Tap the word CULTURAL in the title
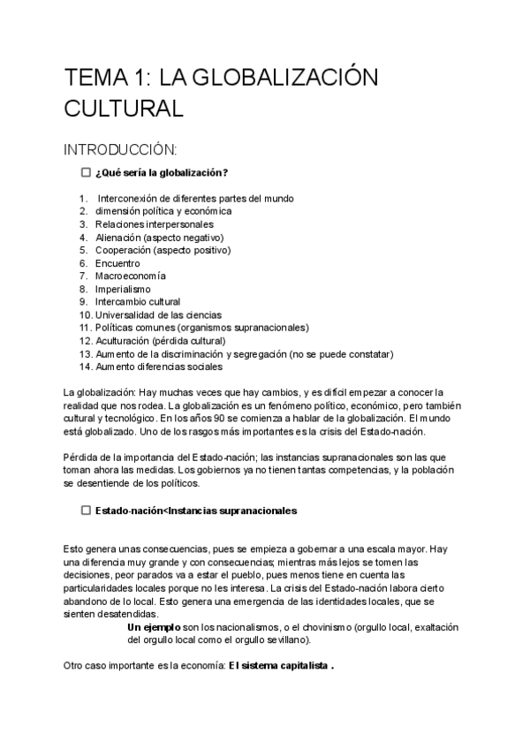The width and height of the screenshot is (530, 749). pos(123,109)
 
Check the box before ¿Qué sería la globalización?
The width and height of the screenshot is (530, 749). pos(86,172)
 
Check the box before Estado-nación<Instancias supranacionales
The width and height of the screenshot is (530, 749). pos(86,511)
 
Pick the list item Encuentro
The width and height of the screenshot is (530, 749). pos(117,263)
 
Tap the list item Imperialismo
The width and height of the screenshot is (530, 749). pos(123,289)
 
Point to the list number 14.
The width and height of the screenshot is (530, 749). pos(85,367)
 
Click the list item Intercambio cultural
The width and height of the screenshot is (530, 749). pos(137,302)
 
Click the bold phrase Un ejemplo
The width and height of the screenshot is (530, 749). pos(152,627)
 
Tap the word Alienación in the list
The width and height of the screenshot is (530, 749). pos(118,238)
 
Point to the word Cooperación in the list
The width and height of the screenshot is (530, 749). pos(123,251)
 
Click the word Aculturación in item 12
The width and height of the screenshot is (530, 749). pos(123,341)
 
